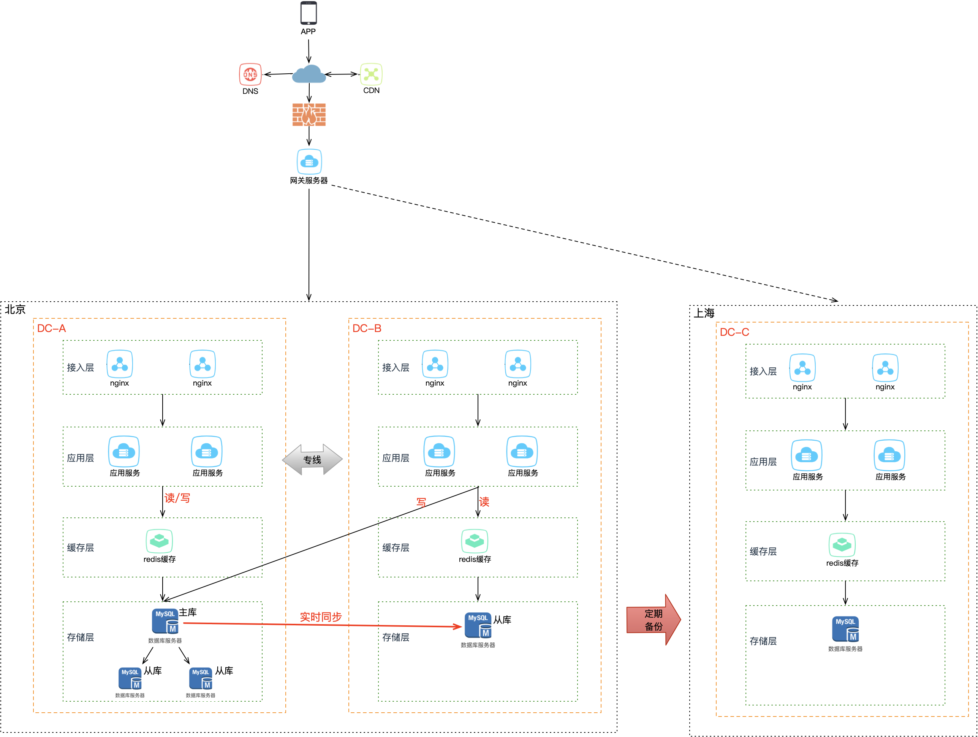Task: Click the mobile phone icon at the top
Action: (x=308, y=14)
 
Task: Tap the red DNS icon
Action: (x=250, y=74)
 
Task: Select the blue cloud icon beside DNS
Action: (x=309, y=74)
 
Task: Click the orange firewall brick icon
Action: (x=309, y=115)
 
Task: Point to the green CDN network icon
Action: (x=371, y=74)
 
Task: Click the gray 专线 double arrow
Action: (x=312, y=460)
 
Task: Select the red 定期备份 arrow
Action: (x=654, y=620)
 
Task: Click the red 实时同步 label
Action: (x=321, y=617)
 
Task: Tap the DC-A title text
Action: (x=51, y=329)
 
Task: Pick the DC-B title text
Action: (x=367, y=329)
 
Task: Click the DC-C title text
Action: (x=734, y=332)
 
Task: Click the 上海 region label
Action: (x=704, y=313)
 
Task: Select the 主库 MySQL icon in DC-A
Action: (x=165, y=621)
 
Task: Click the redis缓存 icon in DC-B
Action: (x=475, y=541)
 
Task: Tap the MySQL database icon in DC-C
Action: (x=845, y=629)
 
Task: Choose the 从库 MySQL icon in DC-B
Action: (x=478, y=625)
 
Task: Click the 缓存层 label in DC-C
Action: (x=763, y=551)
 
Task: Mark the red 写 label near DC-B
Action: (x=421, y=502)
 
